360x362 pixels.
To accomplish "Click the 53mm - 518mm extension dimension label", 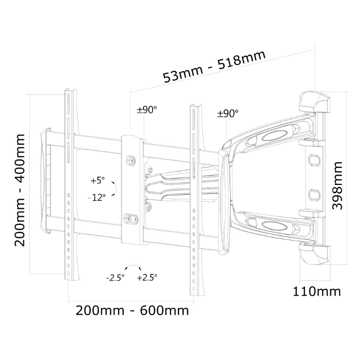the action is tap(214, 67).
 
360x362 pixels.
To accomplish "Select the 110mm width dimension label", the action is tap(317, 291).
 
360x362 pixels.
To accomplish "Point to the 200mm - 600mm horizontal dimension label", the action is tap(132, 311).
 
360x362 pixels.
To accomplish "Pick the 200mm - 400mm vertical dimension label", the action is tap(20, 190).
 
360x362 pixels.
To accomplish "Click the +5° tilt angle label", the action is tap(98, 180).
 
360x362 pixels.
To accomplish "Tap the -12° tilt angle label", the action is tap(97, 197).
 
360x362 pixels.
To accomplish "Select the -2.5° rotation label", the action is tap(116, 278).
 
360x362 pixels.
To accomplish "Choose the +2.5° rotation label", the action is tap(147, 277).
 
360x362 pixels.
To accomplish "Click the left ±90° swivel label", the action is tap(147, 109).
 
